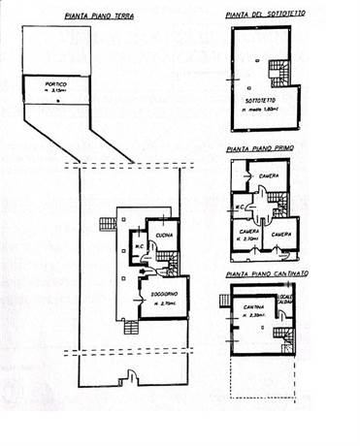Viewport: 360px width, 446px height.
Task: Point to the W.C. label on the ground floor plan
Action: coord(139,244)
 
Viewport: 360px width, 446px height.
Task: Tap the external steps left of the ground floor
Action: coord(106,225)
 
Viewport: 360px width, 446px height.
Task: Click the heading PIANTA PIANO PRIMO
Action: coord(260,147)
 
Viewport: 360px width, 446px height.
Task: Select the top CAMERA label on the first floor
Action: coord(270,175)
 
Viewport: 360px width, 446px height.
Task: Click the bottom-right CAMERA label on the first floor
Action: coord(282,234)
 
